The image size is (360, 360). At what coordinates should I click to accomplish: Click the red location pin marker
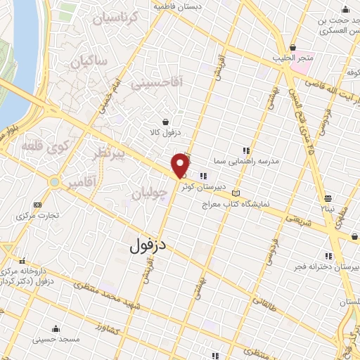coord(181,165)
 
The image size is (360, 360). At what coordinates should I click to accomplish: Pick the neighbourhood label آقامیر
coord(82,183)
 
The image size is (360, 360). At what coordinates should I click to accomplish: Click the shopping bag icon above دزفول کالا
coord(165,121)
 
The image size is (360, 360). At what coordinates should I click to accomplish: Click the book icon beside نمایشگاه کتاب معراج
coord(236,193)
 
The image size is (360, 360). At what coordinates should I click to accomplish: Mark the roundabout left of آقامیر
coord(54,183)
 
